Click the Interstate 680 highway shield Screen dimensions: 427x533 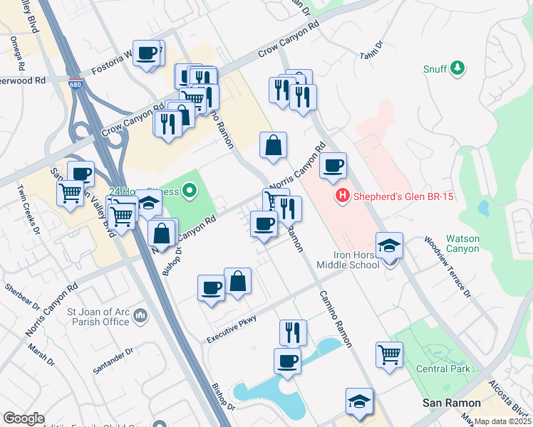(75, 84)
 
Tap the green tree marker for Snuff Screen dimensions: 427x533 (457, 68)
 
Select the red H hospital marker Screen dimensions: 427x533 (342, 196)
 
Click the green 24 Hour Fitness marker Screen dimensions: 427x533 (189, 191)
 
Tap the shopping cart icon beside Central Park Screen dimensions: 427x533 (389, 354)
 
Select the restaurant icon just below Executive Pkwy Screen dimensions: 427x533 (293, 332)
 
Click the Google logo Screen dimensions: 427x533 (24, 418)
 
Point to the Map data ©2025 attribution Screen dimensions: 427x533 (502, 421)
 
